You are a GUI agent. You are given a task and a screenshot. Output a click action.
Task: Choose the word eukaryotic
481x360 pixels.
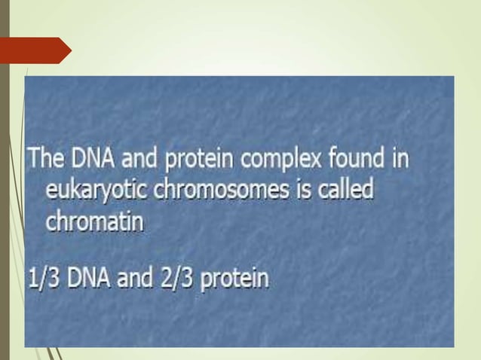[x=100, y=191]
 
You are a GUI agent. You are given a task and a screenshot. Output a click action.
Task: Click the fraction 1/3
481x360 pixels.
[x=44, y=279]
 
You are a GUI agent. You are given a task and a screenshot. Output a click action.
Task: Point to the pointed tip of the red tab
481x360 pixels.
[x=69, y=50]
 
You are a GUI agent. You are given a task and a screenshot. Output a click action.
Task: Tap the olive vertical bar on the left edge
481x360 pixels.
[x=4, y=180]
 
